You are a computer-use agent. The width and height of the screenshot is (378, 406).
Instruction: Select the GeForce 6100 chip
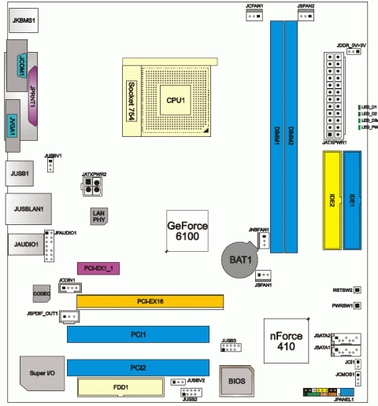click(x=187, y=231)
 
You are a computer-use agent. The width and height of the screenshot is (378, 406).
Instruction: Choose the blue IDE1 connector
click(x=352, y=201)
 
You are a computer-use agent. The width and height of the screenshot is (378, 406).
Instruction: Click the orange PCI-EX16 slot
click(x=150, y=301)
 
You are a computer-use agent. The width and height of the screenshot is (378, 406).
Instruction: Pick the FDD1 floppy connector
click(x=118, y=388)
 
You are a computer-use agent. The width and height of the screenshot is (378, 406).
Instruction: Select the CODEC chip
click(x=42, y=292)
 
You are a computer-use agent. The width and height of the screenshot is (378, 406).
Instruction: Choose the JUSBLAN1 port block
click(x=27, y=209)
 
